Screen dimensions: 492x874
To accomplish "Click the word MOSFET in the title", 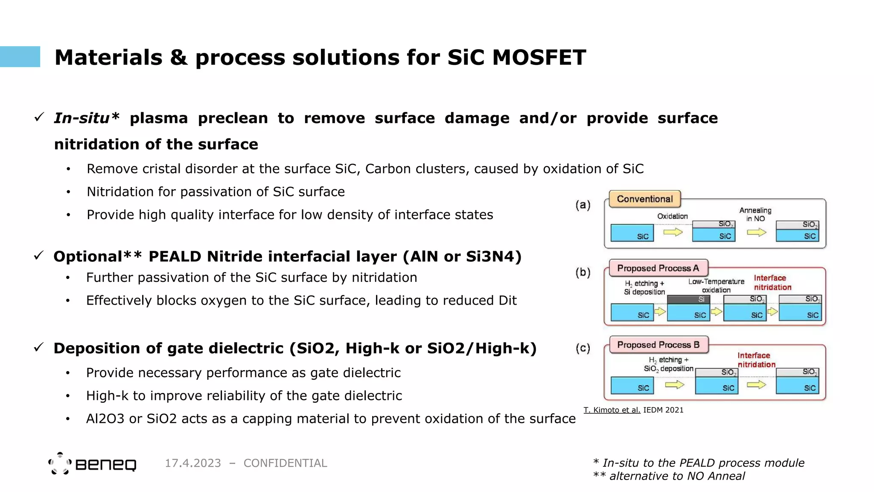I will pyautogui.click(x=539, y=58).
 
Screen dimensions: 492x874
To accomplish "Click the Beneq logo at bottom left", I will pyautogui.click(x=92, y=464).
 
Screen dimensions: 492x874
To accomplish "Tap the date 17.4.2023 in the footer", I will pyautogui.click(x=193, y=463).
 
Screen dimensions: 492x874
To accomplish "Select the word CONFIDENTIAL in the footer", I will pyautogui.click(x=285, y=463).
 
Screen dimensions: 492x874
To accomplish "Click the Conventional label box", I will pyautogui.click(x=644, y=199).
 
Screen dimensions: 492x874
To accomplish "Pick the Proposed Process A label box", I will pyautogui.click(x=658, y=268).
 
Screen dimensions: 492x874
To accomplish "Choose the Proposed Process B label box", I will pyautogui.click(x=658, y=345).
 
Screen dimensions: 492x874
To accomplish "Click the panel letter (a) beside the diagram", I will pyautogui.click(x=583, y=205).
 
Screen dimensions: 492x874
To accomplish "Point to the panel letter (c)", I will pyautogui.click(x=583, y=348).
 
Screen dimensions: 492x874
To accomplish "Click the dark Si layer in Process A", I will pyautogui.click(x=688, y=299).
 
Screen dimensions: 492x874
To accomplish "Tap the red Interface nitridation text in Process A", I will pyautogui.click(x=772, y=283).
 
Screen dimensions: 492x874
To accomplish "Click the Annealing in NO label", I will pyautogui.click(x=755, y=214).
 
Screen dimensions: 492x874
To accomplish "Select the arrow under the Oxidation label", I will pyautogui.click(x=673, y=232).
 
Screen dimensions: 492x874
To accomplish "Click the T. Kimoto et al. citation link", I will pyautogui.click(x=612, y=410).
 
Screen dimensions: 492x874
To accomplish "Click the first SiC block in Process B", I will pyautogui.click(x=632, y=386).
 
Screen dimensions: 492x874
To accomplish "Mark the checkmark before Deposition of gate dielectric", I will pyautogui.click(x=39, y=347).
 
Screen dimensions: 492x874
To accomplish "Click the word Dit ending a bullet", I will pyautogui.click(x=507, y=301).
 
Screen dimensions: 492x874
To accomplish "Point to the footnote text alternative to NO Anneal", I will pyautogui.click(x=677, y=476).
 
